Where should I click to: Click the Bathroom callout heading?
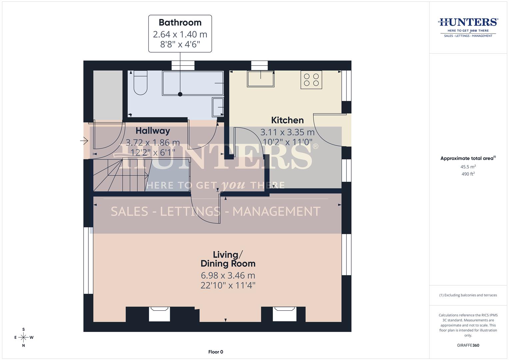click(180, 23)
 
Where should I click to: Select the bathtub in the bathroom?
click(193, 83)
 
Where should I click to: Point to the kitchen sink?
click(260, 79)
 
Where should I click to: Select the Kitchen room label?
click(287, 120)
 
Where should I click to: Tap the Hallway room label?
click(153, 131)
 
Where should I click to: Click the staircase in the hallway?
click(120, 175)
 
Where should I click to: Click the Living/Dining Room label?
click(228, 259)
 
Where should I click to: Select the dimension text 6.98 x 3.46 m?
click(228, 275)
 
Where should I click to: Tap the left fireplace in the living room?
click(159, 314)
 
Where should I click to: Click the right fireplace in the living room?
click(284, 314)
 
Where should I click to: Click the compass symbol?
click(24, 337)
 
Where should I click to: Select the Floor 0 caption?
click(216, 352)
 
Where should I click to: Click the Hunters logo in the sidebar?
click(468, 27)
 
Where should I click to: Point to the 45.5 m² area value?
click(468, 167)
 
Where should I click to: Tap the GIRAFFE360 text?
click(468, 345)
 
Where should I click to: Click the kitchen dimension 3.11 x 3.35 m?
click(287, 132)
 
